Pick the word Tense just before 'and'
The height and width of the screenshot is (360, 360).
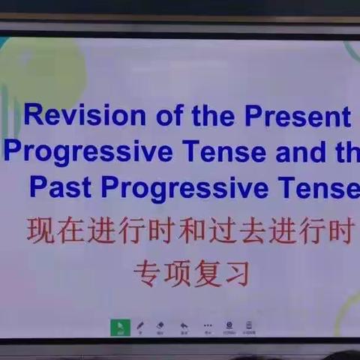click(x=221, y=152)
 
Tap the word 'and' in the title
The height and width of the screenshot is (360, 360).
click(x=301, y=152)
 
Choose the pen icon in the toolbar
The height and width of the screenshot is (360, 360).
click(x=140, y=326)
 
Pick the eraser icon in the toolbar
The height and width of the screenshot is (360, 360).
click(x=160, y=326)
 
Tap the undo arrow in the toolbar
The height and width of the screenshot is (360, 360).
click(x=184, y=326)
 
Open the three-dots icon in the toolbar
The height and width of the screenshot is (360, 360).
click(x=207, y=326)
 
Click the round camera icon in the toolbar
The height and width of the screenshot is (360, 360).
click(x=229, y=326)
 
